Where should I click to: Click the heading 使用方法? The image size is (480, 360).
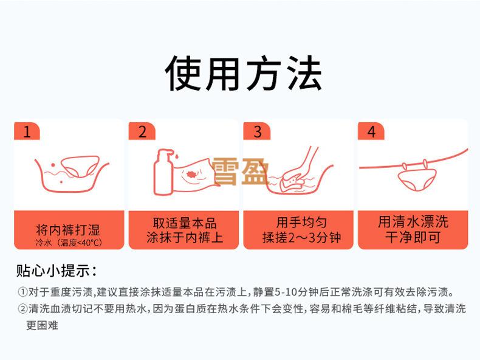coord(244,74)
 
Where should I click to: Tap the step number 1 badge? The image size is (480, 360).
coord(27,131)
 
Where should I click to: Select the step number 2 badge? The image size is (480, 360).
coord(142,131)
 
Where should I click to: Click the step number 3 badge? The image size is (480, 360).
coord(257,131)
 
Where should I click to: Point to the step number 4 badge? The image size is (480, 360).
coord(371,131)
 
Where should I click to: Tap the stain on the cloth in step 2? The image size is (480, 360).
coord(192,175)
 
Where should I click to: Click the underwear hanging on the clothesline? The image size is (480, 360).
coord(416,179)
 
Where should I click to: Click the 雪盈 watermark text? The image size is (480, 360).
coord(241,172)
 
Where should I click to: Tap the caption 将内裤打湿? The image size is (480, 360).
coord(68,230)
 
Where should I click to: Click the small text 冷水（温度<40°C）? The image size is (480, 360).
coord(69,243)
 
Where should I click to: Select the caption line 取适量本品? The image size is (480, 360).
coord(185,223)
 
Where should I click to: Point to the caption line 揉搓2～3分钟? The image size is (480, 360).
coord(301,238)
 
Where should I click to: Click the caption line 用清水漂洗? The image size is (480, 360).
coord(413,222)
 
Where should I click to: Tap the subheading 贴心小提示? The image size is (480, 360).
coord(56,271)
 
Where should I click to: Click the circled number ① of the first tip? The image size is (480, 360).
coord(22,292)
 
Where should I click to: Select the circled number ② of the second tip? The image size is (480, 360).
coord(22,309)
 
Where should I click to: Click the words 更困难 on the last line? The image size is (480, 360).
coord(42,325)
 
